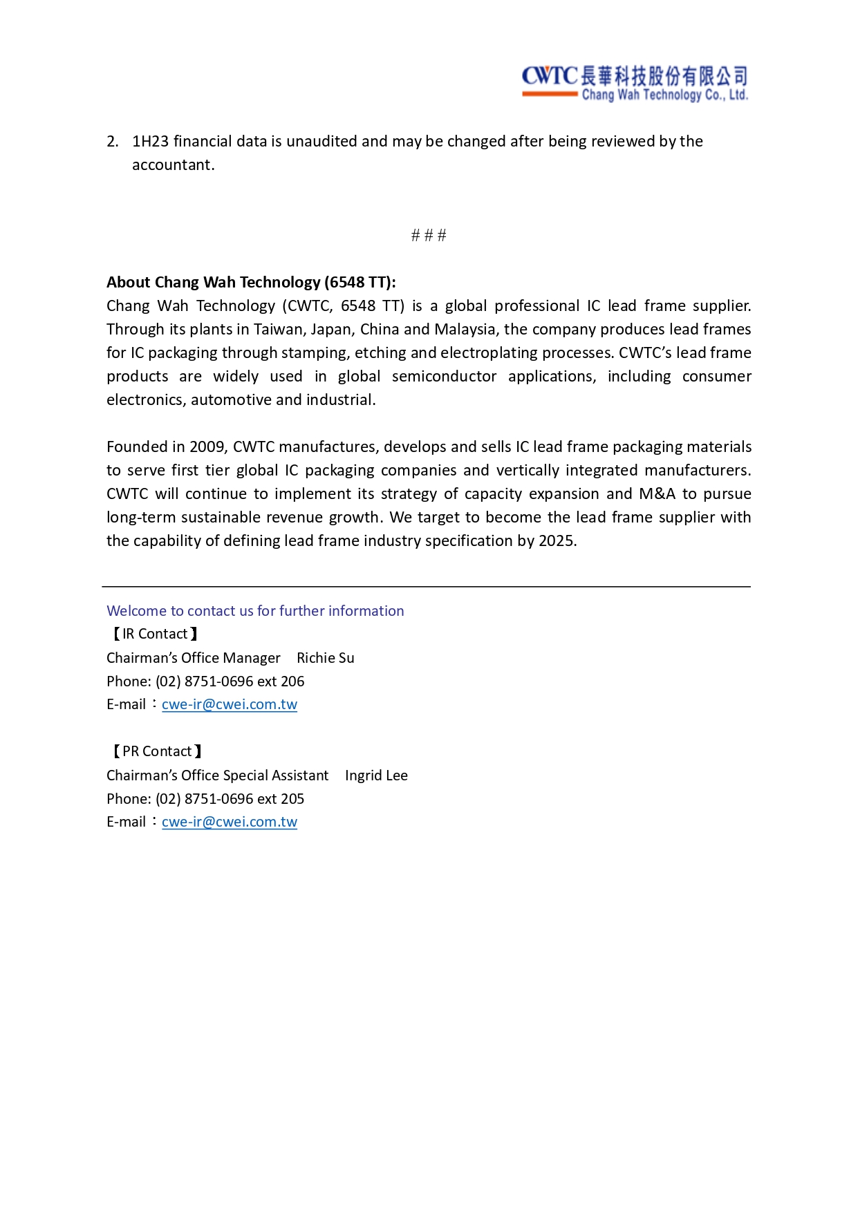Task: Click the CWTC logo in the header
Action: pyautogui.click(x=634, y=84)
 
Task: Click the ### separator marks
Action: pyautogui.click(x=429, y=236)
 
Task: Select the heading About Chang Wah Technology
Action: pyautogui.click(x=251, y=282)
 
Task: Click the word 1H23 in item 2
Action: pyautogui.click(x=150, y=142)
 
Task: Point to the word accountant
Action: pyautogui.click(x=173, y=165)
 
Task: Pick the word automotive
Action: pyautogui.click(x=231, y=399)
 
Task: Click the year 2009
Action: pyautogui.click(x=207, y=446)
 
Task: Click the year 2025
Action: pyautogui.click(x=557, y=540)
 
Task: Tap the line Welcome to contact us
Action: pyautogui.click(x=255, y=611)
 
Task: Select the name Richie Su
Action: pyautogui.click(x=325, y=658)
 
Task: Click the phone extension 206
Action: pyautogui.click(x=292, y=681)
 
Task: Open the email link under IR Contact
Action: pyautogui.click(x=230, y=704)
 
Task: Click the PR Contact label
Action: pyautogui.click(x=157, y=751)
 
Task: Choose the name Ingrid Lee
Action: pyautogui.click(x=376, y=775)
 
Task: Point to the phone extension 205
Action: pyautogui.click(x=292, y=799)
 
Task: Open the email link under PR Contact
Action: pyautogui.click(x=230, y=822)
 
